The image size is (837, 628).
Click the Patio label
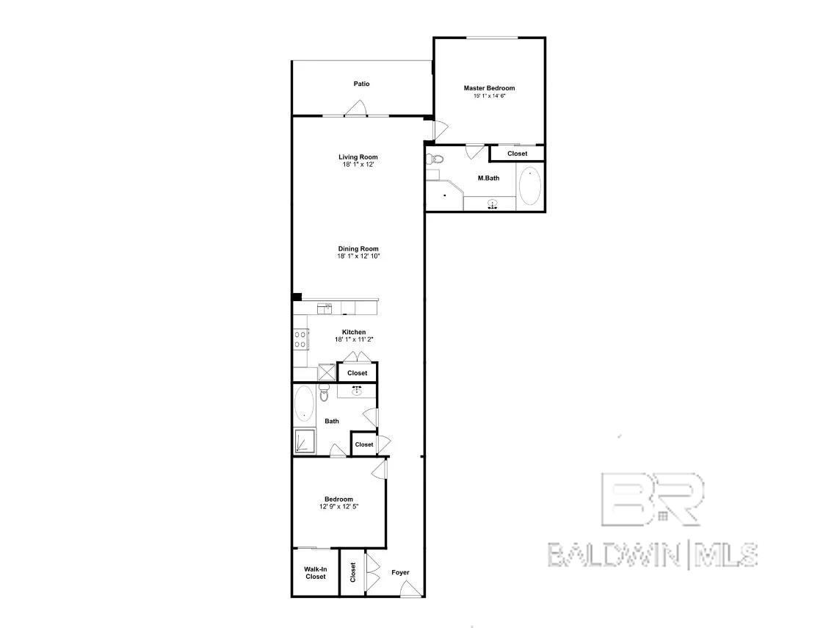tap(361, 84)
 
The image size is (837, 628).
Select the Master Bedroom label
tap(489, 88)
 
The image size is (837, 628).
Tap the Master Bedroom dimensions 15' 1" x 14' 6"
tap(489, 96)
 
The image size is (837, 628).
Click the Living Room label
tap(358, 157)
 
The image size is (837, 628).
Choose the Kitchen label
tap(354, 332)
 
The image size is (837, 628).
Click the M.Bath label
tap(488, 178)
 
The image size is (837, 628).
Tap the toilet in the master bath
tap(435, 159)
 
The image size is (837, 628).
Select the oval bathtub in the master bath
tap(530, 186)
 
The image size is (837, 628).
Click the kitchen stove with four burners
tap(300, 339)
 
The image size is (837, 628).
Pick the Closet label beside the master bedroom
tap(518, 154)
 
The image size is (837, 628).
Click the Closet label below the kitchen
tap(357, 372)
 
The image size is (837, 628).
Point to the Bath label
tap(331, 421)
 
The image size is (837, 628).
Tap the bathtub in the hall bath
tap(304, 404)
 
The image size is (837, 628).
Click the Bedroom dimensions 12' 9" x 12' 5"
tap(338, 507)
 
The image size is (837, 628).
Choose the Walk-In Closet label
tap(316, 573)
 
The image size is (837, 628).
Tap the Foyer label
tap(400, 572)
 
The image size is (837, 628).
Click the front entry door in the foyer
tap(410, 590)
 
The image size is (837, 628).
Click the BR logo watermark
tap(652, 499)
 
